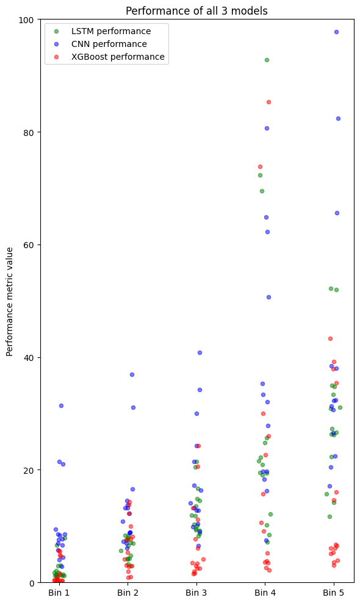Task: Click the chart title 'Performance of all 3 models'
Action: tap(196, 11)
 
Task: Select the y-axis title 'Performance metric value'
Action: tap(10, 302)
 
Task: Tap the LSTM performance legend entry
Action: tap(110, 31)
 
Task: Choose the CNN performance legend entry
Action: tap(109, 44)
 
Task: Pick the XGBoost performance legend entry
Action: tap(118, 57)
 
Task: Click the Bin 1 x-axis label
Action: tap(59, 593)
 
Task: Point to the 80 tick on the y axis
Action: tap(28, 132)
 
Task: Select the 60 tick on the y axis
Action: tap(28, 245)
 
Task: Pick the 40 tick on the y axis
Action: tap(28, 357)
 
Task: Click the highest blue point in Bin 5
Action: tap(336, 32)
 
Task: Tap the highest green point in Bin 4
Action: tap(267, 60)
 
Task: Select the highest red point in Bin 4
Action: tap(268, 102)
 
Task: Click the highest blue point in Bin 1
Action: tap(61, 405)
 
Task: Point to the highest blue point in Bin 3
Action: tap(200, 352)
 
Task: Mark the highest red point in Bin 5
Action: tap(330, 338)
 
